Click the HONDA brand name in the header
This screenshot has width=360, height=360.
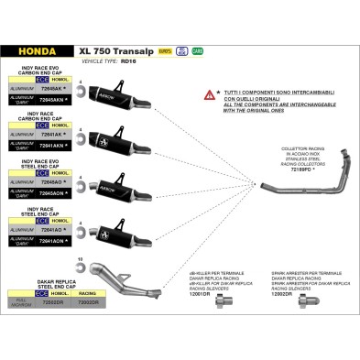[35, 52]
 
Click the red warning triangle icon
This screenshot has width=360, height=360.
[210, 94]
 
